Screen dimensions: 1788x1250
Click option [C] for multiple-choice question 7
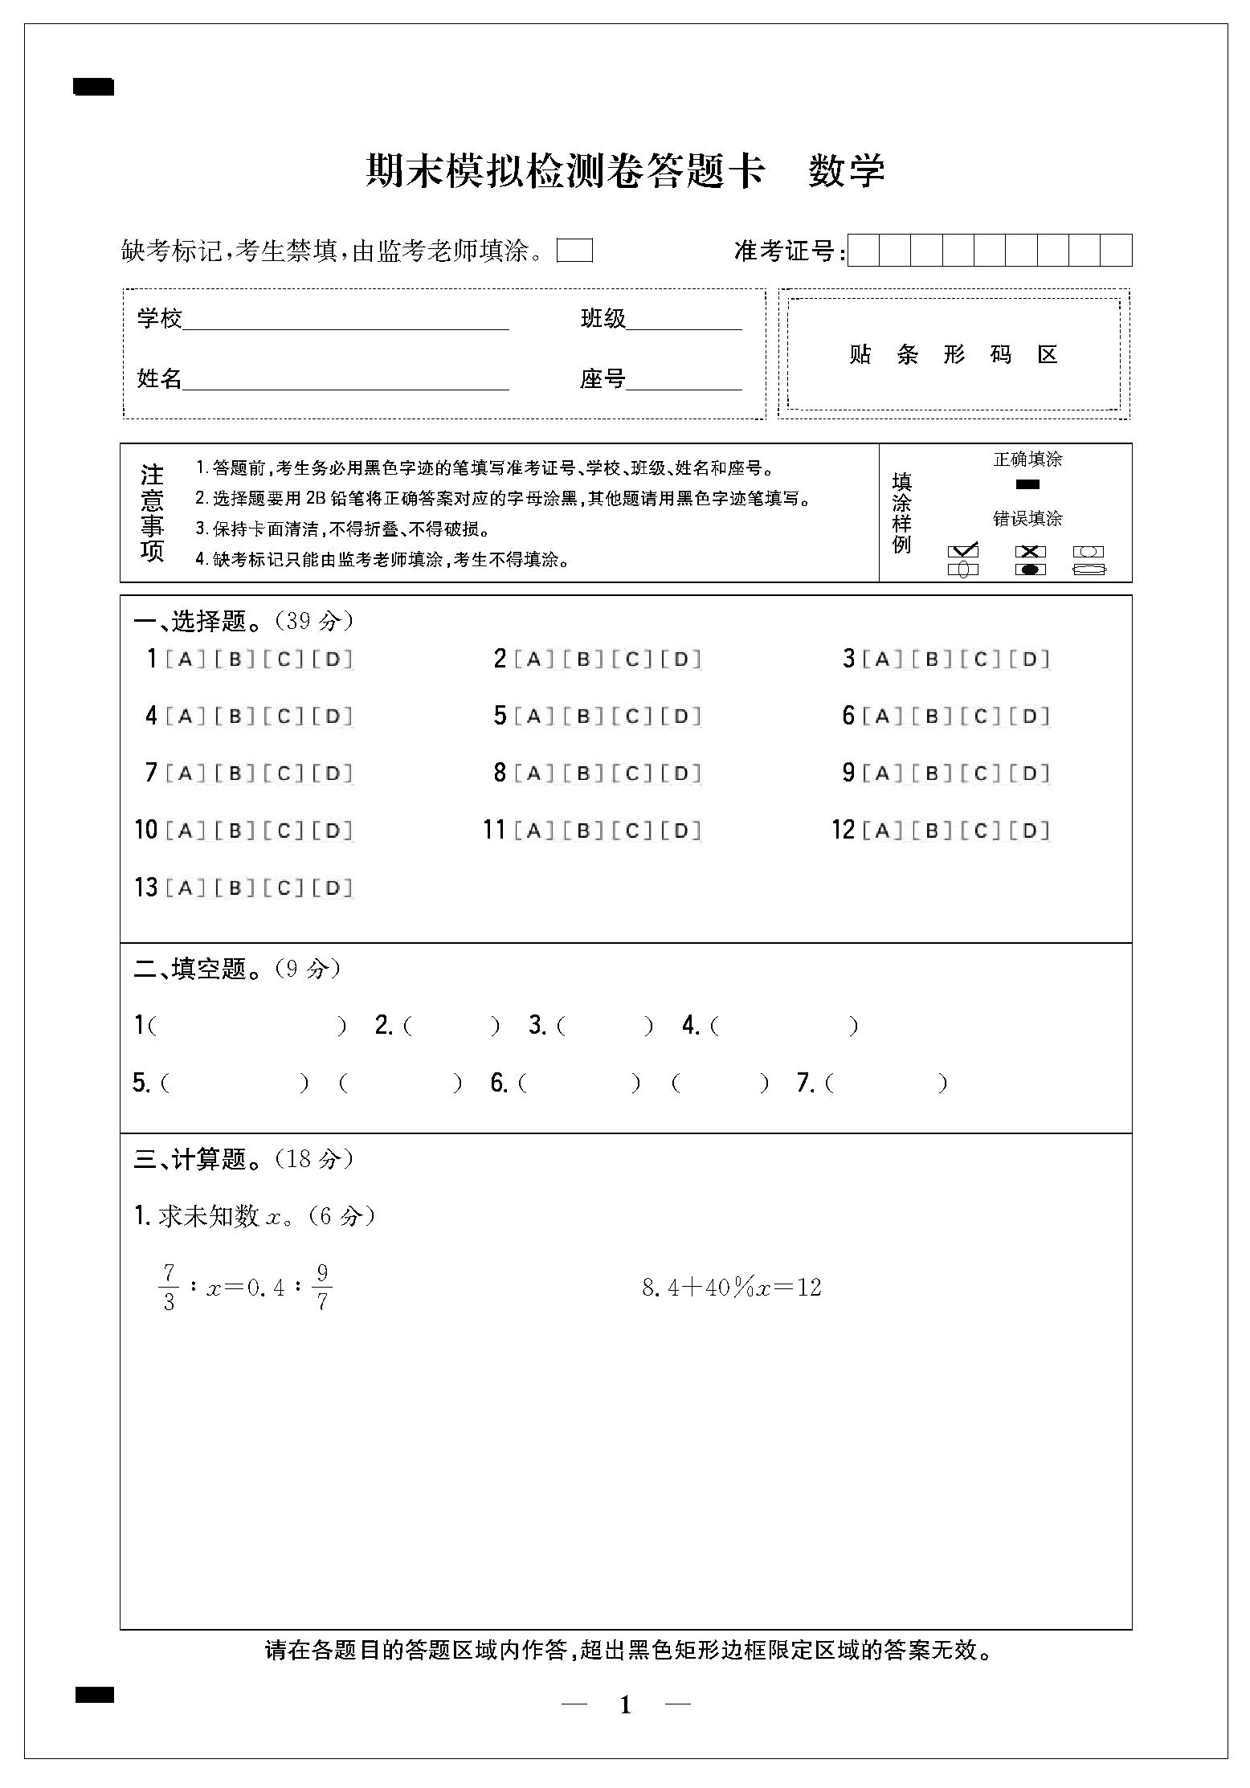coord(284,774)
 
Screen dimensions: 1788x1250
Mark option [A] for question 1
coord(186,659)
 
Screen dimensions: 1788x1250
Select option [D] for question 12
coord(1030,831)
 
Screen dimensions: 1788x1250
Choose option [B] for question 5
coord(584,716)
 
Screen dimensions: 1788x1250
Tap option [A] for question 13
coord(186,888)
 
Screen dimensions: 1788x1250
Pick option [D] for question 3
coord(1030,659)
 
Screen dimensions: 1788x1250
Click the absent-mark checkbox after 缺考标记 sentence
coord(574,251)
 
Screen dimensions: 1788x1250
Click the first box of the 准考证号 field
coord(864,251)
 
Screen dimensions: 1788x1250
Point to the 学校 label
coord(160,319)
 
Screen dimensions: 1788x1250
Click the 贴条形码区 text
coord(954,354)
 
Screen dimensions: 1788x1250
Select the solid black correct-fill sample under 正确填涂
coord(1027,484)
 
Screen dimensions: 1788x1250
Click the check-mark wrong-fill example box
coord(963,552)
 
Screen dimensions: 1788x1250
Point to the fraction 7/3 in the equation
coord(169,1288)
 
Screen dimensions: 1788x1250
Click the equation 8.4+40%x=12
coord(731,1288)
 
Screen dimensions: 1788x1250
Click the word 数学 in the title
coord(846,170)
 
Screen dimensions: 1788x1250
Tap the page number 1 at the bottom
coord(626,1704)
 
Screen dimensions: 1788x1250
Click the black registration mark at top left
coord(94,87)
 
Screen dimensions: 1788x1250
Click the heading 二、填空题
coord(190,970)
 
